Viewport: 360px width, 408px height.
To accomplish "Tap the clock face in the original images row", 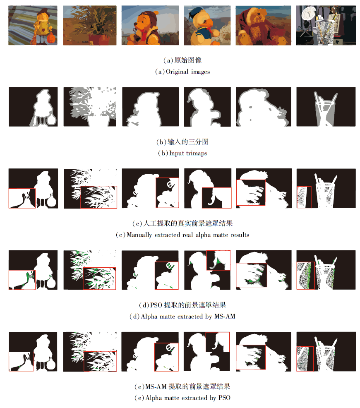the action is tap(309, 13).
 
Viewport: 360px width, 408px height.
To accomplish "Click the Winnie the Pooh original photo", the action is tap(150, 25).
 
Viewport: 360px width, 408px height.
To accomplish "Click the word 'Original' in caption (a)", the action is tap(177, 72).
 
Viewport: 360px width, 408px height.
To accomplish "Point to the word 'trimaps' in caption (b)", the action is tap(197, 153).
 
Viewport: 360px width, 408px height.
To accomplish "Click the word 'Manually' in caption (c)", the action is tap(139, 235).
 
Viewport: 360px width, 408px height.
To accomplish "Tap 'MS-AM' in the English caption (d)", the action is tap(225, 317).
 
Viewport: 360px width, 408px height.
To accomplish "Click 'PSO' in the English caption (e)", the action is tap(224, 398).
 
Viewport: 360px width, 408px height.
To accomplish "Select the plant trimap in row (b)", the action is tap(90, 107).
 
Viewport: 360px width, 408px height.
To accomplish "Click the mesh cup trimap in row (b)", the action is tap(326, 107).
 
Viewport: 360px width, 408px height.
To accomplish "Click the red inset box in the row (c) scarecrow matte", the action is tap(22, 198).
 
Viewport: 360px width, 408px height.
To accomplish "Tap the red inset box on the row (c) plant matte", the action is tap(98, 197).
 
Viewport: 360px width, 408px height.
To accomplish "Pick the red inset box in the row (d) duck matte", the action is tap(218, 260).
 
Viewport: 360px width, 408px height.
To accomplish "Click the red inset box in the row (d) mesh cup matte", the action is tap(306, 276).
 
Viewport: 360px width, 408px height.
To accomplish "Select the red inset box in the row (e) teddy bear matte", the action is tap(251, 357).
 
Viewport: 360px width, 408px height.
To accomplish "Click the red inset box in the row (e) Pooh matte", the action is tap(166, 357).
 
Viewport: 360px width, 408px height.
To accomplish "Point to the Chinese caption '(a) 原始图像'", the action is tap(182, 60).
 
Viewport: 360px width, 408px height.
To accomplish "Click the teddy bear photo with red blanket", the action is tap(264, 25).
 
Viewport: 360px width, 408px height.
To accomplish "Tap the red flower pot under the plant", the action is tap(99, 40).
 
